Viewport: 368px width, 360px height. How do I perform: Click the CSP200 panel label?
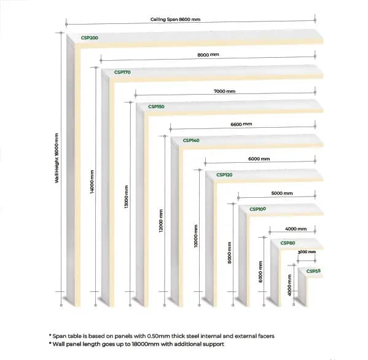tap(89, 38)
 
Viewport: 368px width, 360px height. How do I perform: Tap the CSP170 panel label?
tap(122, 72)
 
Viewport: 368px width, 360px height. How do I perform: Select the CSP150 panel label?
tap(156, 107)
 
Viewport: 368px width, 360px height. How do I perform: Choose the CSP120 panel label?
tap(224, 175)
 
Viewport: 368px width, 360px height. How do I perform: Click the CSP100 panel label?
tap(257, 209)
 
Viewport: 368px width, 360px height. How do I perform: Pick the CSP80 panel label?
tap(288, 243)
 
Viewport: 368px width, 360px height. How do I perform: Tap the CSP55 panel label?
tap(313, 271)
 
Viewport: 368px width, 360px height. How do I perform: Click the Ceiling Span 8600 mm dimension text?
tap(175, 20)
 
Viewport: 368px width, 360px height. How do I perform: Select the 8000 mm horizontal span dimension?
tap(208, 55)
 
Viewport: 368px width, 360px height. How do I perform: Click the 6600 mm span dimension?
tap(241, 124)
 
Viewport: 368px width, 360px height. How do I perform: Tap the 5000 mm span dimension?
tap(282, 194)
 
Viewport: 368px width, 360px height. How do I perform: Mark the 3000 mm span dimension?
tap(307, 252)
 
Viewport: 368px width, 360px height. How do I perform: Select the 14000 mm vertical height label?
tap(91, 182)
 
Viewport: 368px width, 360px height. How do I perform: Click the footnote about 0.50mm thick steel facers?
tap(162, 336)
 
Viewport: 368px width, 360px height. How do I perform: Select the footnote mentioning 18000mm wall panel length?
tap(136, 344)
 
